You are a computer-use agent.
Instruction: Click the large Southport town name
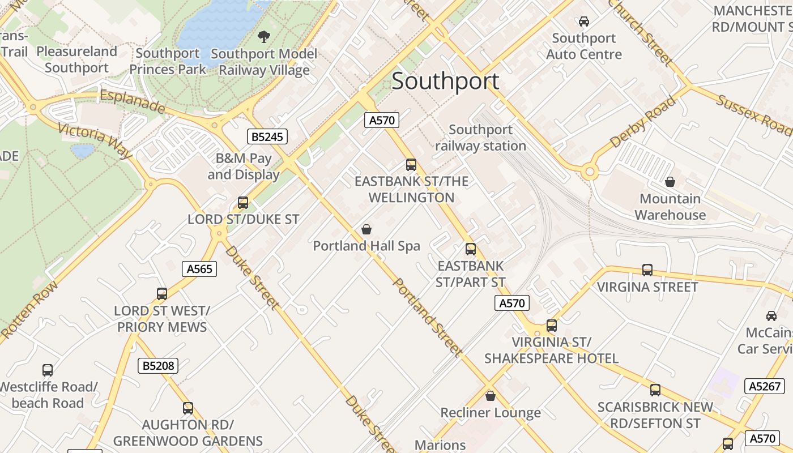445,81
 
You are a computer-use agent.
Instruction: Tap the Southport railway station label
480,138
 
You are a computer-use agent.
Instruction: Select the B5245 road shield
267,136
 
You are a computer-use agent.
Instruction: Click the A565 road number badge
199,269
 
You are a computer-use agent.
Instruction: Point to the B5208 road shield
158,366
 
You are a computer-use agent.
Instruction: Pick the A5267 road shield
765,386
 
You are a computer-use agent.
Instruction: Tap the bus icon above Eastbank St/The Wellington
411,165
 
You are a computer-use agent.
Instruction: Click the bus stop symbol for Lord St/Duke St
243,202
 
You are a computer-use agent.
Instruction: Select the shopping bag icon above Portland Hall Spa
366,229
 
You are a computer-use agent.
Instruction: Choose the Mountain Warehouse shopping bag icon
670,182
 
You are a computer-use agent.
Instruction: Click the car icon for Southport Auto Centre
583,22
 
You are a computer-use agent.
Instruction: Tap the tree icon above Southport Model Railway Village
263,37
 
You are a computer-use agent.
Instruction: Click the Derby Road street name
643,122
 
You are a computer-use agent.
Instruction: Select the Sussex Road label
753,116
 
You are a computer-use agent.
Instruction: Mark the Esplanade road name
133,101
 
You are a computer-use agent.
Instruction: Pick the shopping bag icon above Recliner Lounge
491,396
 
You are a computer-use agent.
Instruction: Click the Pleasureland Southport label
76,59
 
